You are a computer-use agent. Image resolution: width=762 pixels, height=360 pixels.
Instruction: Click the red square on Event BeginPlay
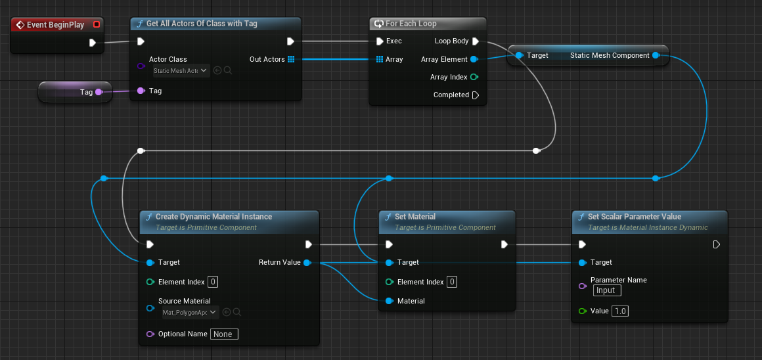click(x=97, y=25)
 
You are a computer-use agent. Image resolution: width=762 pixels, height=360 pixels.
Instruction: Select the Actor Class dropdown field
click(x=181, y=70)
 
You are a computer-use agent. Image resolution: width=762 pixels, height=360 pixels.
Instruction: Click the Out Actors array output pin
click(x=291, y=59)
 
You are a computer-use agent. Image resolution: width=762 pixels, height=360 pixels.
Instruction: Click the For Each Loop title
click(x=411, y=24)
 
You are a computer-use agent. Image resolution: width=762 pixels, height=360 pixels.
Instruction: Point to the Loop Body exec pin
click(x=476, y=41)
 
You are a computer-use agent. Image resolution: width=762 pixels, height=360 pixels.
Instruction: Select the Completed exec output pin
click(x=476, y=95)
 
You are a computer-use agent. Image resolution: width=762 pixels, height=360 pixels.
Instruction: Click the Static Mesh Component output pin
click(x=656, y=56)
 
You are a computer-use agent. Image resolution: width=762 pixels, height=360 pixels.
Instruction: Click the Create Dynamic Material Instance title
click(x=213, y=217)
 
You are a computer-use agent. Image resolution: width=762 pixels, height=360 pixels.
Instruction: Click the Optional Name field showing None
click(x=224, y=334)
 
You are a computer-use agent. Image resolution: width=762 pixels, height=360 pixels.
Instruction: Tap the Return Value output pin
click(x=307, y=263)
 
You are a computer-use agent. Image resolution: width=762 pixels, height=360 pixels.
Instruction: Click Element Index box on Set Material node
click(x=452, y=282)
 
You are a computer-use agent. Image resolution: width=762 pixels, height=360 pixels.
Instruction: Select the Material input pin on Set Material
click(x=390, y=301)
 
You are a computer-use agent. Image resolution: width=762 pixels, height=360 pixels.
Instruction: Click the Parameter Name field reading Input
click(x=606, y=290)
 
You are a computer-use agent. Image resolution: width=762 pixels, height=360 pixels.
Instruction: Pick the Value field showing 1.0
click(x=619, y=311)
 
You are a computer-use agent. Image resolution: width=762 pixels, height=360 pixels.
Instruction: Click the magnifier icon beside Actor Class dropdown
click(x=228, y=70)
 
